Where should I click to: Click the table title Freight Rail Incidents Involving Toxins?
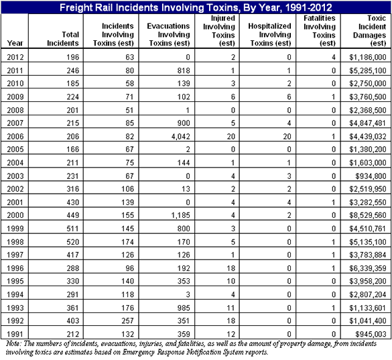coord(196,7)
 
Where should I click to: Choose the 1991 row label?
coord(15,333)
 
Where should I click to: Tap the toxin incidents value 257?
coord(118,320)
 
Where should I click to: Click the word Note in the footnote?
coord(12,343)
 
